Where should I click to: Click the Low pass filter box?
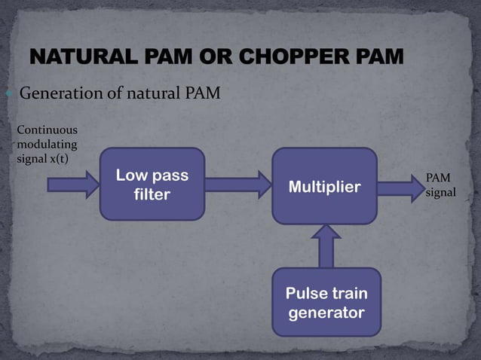152,184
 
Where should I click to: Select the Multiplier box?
324,186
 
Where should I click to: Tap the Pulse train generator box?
326,301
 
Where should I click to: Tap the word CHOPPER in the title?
279,57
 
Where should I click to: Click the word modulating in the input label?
46,144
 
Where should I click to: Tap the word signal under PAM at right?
441,193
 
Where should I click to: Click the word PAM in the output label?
438,178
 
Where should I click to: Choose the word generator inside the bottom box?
326,311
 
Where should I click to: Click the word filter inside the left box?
152,194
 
